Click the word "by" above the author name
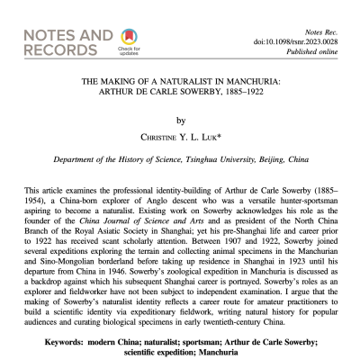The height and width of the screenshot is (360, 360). pyautogui.click(x=180, y=119)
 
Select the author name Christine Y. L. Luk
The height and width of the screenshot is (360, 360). pyautogui.click(x=180, y=137)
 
